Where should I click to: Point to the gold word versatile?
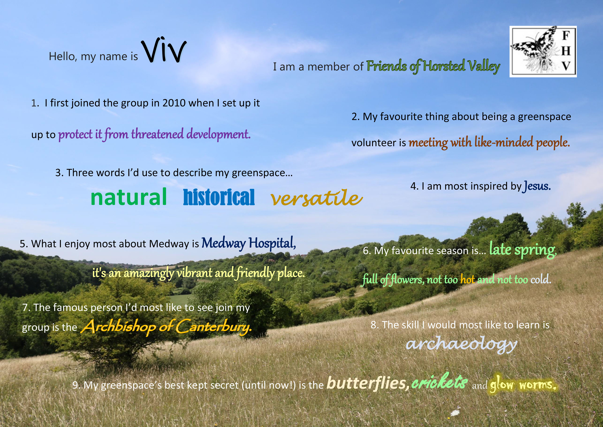(x=317, y=198)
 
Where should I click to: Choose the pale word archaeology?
(x=461, y=344)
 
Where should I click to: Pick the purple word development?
(x=219, y=134)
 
